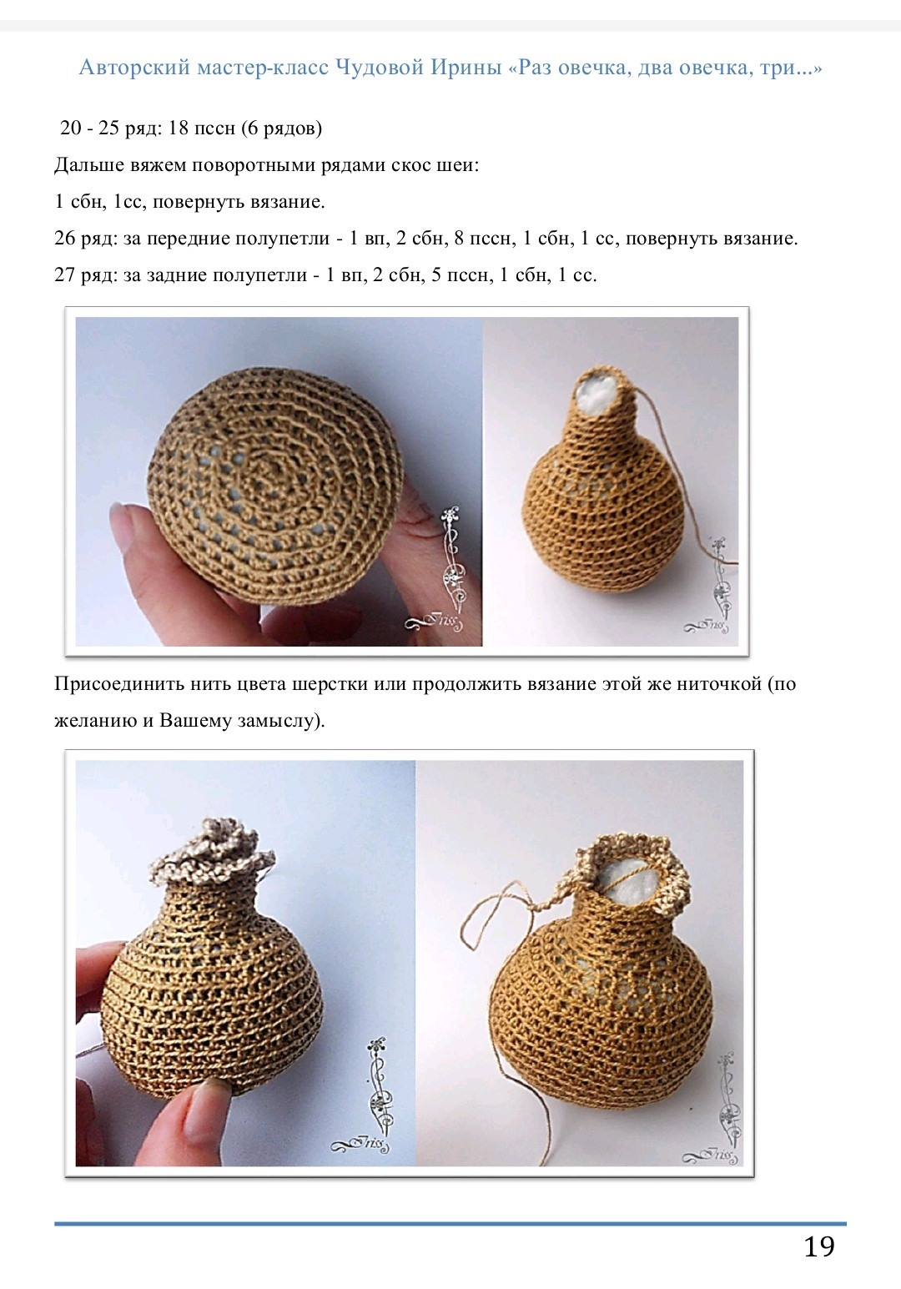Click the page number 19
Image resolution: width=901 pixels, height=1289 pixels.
pyautogui.click(x=818, y=1246)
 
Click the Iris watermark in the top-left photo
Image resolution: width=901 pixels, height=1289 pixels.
pyautogui.click(x=438, y=622)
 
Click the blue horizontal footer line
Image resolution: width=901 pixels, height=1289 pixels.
pyautogui.click(x=450, y=1224)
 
